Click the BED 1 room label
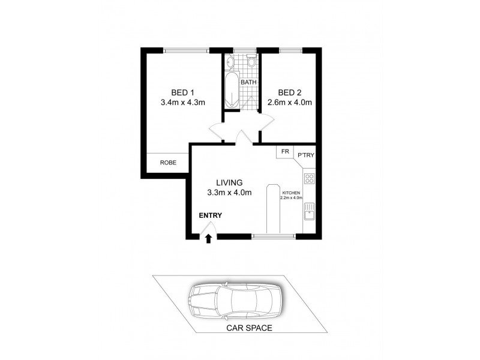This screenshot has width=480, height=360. (182, 92)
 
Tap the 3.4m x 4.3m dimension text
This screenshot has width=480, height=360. (183, 102)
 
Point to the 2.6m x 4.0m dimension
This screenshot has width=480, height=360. (289, 102)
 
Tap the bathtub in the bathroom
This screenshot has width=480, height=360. (232, 91)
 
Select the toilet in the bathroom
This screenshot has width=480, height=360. (251, 61)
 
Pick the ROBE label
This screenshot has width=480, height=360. (167, 162)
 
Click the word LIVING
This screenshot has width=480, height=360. (229, 182)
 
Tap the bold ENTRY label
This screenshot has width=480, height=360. (211, 215)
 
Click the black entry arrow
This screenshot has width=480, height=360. (208, 238)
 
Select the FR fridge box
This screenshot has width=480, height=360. (284, 152)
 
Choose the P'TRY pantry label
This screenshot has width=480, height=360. (305, 156)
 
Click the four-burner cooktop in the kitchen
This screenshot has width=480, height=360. (310, 178)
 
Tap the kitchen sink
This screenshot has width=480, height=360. (310, 212)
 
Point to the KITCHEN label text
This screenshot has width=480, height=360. (291, 193)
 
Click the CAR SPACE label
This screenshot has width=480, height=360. (249, 328)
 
